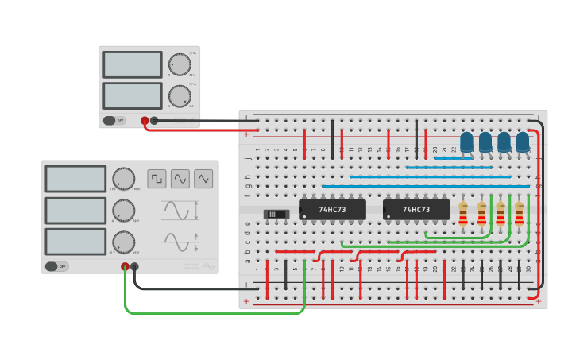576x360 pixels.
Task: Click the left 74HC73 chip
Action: coord(332,210)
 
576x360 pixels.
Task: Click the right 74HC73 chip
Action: coord(416,210)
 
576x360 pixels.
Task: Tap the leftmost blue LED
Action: coord(466,142)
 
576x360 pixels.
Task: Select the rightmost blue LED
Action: coord(523,142)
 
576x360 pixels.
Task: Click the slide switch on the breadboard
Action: coord(276,214)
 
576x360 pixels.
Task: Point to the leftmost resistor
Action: coord(463,214)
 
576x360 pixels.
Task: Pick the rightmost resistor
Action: coord(519,214)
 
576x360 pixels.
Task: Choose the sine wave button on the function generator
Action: coord(180,179)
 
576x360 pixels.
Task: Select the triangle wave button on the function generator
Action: coord(203,179)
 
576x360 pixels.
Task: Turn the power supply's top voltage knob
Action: coord(180,64)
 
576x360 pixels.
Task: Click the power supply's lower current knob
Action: coord(180,96)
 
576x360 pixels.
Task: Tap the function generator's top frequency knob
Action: coord(123,179)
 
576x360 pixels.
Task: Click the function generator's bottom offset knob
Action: coord(123,242)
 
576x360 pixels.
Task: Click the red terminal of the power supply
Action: coord(145,121)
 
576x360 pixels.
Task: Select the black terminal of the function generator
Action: coord(134,267)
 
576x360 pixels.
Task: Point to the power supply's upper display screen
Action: coord(132,64)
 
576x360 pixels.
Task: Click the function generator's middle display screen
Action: coord(75,211)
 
